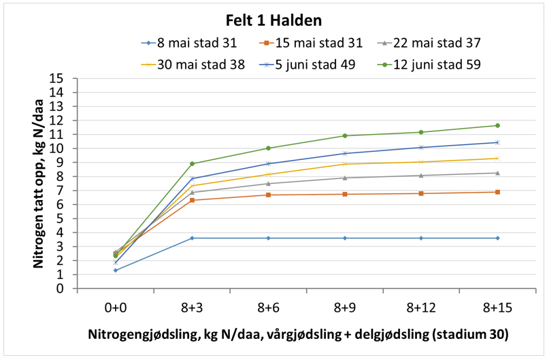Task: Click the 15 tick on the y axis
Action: tap(66, 78)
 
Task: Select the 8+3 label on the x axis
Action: tap(192, 308)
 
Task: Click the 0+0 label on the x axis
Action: tap(116, 308)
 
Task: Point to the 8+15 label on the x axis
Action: tap(497, 308)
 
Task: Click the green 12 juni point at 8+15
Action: tap(497, 125)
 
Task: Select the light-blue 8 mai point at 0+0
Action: tap(116, 270)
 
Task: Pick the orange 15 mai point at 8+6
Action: tap(268, 195)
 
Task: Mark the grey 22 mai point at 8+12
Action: tap(421, 176)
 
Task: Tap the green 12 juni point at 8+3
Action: tap(192, 163)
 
